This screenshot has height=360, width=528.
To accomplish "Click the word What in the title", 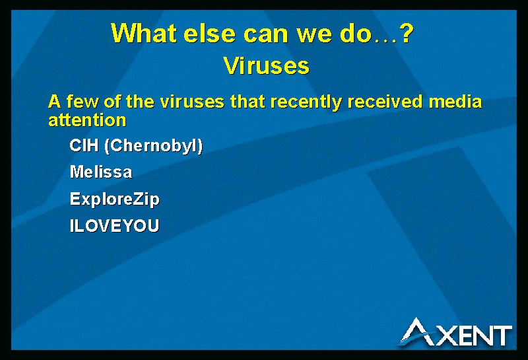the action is click(x=144, y=33).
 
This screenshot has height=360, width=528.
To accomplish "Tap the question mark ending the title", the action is click(x=407, y=33).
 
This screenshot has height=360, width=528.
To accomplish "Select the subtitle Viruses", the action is click(x=267, y=65).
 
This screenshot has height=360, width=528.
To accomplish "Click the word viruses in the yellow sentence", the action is click(x=192, y=102).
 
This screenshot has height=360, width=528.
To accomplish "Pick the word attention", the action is click(x=87, y=120).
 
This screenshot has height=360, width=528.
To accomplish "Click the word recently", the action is click(x=306, y=102).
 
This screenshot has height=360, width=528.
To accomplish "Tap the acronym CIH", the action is click(x=84, y=145).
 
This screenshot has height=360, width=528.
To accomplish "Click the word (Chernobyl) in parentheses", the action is click(x=154, y=146).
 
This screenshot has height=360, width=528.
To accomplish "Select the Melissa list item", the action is click(x=101, y=172).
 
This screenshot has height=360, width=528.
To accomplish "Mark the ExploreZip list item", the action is click(x=114, y=199).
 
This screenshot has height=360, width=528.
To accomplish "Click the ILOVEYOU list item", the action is click(x=114, y=225).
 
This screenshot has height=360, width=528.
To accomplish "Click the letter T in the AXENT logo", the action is click(x=502, y=336).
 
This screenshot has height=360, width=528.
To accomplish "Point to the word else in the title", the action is click(x=209, y=33).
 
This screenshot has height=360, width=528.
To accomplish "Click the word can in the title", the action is click(x=266, y=36).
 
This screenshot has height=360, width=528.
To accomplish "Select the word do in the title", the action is click(x=356, y=33).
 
